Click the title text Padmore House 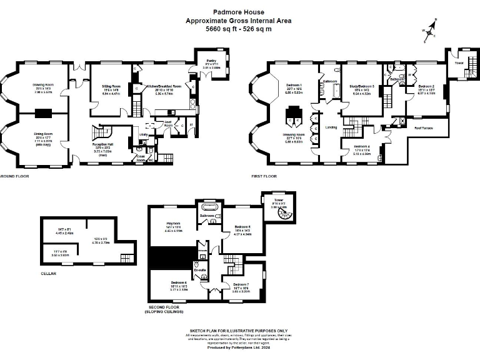[238, 12]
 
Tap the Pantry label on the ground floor [211, 61]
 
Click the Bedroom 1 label [294, 85]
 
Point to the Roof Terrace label [426, 128]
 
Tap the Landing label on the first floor [331, 127]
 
